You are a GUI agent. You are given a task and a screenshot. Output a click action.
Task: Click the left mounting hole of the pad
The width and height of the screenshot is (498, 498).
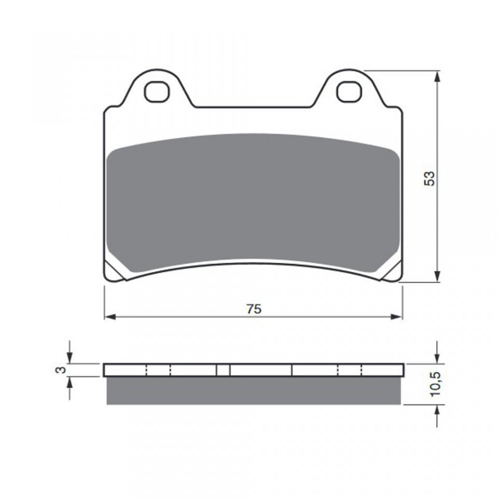point(156,92)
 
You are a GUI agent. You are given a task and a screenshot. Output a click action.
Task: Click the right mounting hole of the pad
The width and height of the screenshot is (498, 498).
point(349,92)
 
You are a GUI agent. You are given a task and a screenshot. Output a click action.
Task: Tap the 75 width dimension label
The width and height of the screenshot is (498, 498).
point(254,309)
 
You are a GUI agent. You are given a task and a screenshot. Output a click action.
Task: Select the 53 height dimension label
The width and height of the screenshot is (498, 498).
point(430,178)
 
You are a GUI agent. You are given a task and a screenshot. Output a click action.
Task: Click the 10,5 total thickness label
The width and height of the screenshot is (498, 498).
point(435,384)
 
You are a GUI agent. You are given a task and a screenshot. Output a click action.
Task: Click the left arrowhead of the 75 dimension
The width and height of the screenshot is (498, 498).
point(110,316)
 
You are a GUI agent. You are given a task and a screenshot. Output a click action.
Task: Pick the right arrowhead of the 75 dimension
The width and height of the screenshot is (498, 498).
point(396,316)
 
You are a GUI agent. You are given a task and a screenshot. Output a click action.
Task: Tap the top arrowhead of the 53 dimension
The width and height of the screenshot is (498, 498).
point(437,77)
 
